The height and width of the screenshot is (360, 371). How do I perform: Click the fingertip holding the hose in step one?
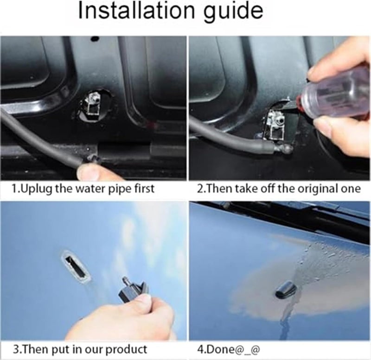(x=91, y=172)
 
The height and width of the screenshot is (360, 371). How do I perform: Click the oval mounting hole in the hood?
(x=73, y=262)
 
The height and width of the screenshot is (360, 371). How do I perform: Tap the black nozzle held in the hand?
(x=134, y=290)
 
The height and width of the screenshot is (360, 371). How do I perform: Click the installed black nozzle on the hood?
(x=284, y=291)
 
